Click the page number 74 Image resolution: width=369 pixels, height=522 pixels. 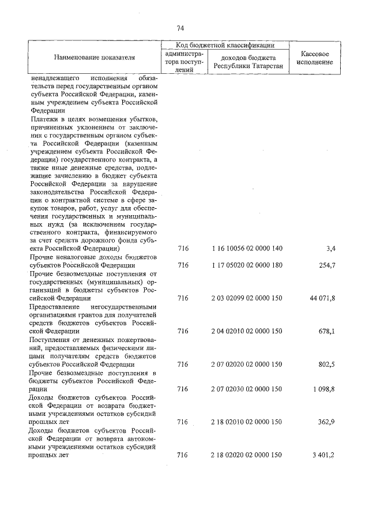click(x=180, y=28)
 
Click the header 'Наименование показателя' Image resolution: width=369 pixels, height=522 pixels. click(x=94, y=58)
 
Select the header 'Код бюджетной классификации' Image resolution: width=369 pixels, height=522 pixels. click(x=225, y=44)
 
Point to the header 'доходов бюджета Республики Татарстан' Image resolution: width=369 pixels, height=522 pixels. click(x=246, y=62)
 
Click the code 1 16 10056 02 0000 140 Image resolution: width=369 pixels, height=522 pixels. click(x=246, y=249)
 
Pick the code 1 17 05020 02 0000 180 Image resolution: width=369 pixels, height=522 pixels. click(x=246, y=265)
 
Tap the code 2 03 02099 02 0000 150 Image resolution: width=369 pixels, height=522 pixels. click(x=246, y=298)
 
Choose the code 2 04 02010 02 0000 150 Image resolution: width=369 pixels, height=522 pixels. click(x=246, y=332)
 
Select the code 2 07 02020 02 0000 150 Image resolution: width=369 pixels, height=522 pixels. click(x=246, y=365)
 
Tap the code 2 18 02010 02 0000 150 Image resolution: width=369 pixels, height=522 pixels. click(x=246, y=422)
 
